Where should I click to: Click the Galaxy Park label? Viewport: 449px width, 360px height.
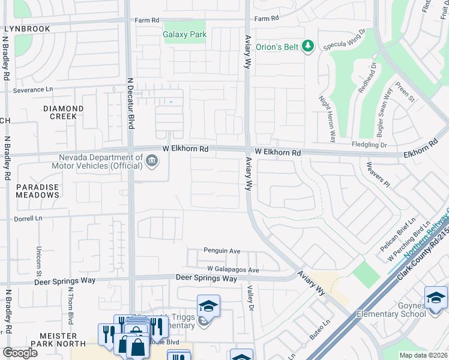(185, 35)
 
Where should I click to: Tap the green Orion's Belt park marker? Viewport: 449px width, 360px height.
(308, 46)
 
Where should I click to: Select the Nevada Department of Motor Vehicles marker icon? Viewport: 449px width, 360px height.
(152, 160)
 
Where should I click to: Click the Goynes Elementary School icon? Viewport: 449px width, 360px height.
(435, 298)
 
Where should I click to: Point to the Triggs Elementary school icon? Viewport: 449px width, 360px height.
(208, 306)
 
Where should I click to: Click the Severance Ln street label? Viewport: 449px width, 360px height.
(34, 89)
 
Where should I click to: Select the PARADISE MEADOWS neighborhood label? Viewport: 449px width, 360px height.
(37, 191)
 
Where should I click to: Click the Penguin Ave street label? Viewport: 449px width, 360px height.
(221, 251)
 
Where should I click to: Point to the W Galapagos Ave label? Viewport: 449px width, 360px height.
(233, 270)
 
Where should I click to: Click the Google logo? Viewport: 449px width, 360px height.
(20, 353)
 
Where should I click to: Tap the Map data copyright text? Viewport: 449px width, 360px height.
(424, 355)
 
